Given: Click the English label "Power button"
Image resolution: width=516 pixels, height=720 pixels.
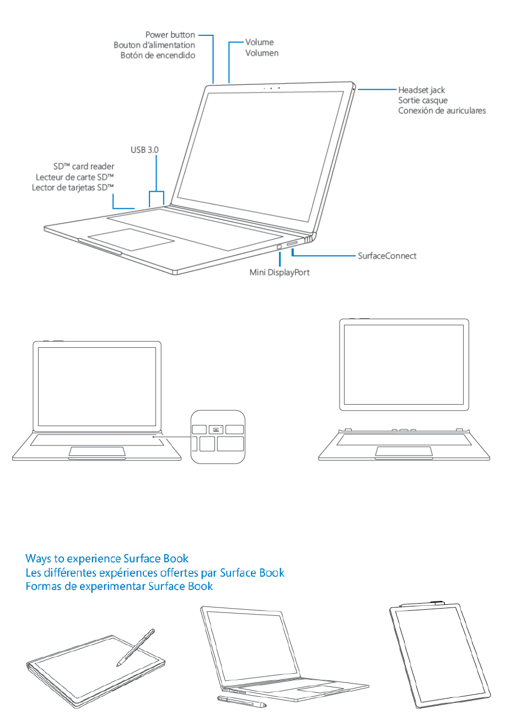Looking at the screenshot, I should pyautogui.click(x=170, y=35).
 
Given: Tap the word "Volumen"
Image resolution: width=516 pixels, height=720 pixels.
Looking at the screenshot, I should pyautogui.click(x=262, y=53).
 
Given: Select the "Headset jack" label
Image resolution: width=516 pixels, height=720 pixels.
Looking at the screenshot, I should pyautogui.click(x=421, y=90).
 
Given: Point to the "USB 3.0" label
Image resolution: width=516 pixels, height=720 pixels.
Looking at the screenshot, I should pyautogui.click(x=144, y=150).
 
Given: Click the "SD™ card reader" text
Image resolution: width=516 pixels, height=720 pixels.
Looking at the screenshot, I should pyautogui.click(x=84, y=166).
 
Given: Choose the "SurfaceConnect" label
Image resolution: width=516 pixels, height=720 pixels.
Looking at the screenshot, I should pyautogui.click(x=387, y=256).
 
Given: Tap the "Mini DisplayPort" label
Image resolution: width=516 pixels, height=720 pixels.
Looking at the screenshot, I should pyautogui.click(x=279, y=272).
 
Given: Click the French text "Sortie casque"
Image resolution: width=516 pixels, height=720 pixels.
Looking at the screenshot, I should pyautogui.click(x=423, y=100).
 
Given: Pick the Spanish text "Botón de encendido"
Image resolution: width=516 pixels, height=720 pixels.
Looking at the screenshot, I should pyautogui.click(x=158, y=56).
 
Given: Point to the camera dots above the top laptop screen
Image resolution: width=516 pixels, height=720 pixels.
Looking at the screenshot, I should pyautogui.click(x=271, y=88).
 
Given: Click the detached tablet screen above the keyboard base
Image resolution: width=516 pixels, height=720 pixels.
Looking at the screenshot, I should pyautogui.click(x=404, y=364).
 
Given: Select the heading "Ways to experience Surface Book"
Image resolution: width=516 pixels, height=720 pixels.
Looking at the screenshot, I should pyautogui.click(x=107, y=559).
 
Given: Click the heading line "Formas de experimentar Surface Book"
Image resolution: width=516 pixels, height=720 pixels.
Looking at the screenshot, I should pyautogui.click(x=119, y=586).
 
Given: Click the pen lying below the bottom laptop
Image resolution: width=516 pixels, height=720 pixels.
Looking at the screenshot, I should pyautogui.click(x=241, y=701).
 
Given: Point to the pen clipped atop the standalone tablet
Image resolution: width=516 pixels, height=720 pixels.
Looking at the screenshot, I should pyautogui.click(x=423, y=604).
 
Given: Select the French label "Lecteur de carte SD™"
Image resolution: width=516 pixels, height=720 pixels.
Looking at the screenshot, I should pyautogui.click(x=75, y=177).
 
